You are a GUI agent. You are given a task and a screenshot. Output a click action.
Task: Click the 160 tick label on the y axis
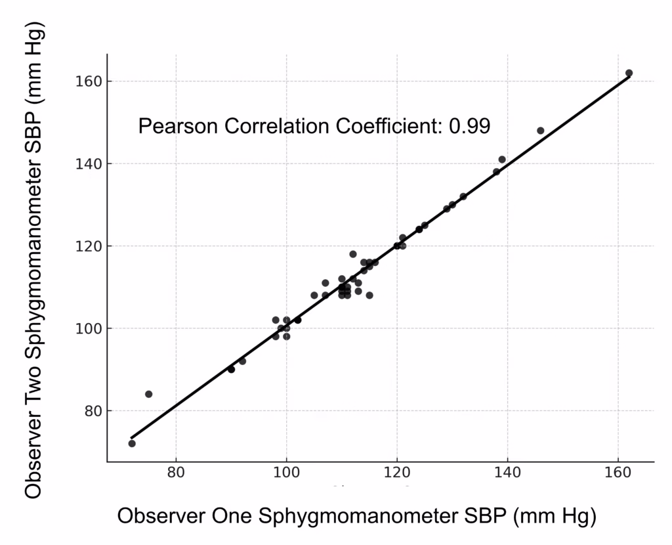(x=87, y=81)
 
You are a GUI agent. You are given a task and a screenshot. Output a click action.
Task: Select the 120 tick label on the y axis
(x=87, y=246)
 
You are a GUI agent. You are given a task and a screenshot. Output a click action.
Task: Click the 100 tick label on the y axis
(x=87, y=328)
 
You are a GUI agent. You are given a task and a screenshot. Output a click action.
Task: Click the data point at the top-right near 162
(x=629, y=73)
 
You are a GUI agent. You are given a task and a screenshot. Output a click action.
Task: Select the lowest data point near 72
(x=132, y=443)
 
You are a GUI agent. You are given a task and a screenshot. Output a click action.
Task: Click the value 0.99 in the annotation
(x=469, y=126)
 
